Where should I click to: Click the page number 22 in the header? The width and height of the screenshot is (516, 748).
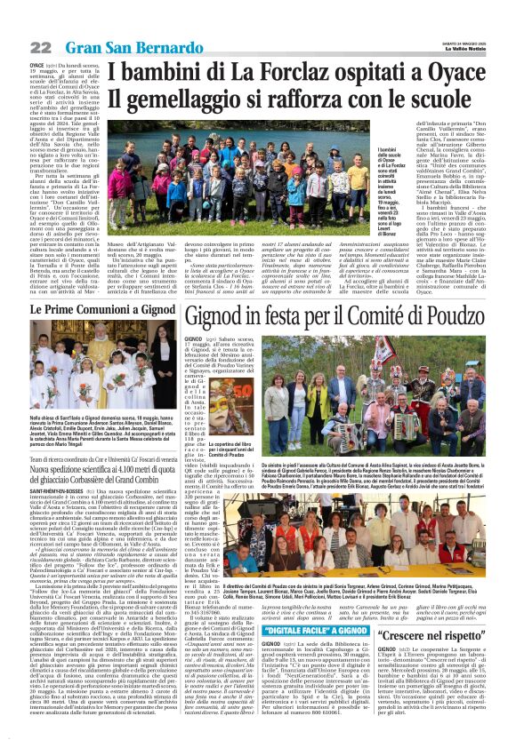click(15, 47)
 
